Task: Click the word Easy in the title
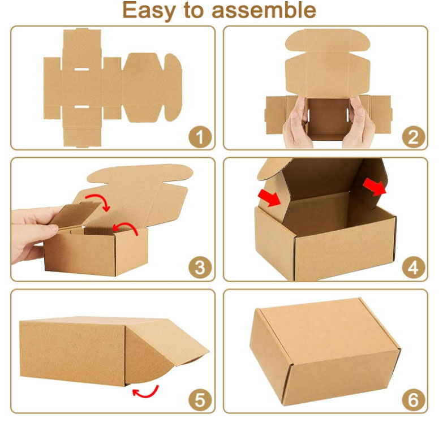[x=149, y=11]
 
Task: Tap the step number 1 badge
[x=200, y=137]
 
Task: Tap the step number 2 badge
[x=414, y=137]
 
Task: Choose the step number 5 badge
[x=200, y=400]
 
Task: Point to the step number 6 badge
[x=414, y=400]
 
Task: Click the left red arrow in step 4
[x=269, y=198]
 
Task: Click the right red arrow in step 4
[x=375, y=187]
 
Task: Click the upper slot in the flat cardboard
[x=81, y=69]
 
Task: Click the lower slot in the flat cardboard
[x=81, y=107]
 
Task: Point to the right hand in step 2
[x=358, y=123]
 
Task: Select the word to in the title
[x=194, y=10]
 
